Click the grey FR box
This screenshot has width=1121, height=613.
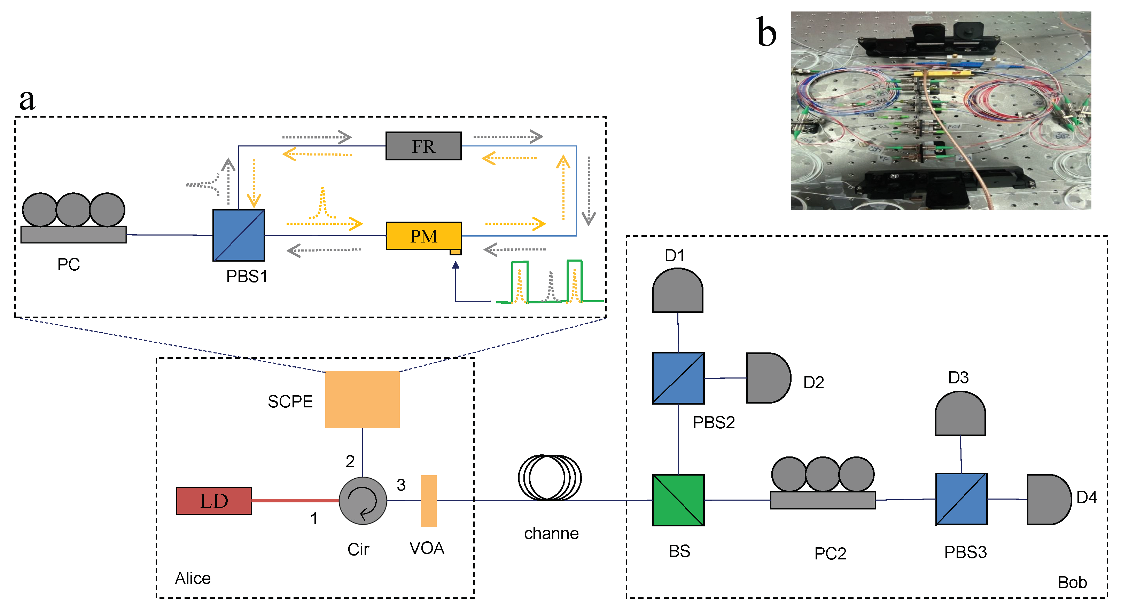423,146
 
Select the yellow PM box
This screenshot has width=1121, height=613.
423,236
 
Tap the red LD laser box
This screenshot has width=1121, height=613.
214,500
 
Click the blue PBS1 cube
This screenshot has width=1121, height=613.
239,235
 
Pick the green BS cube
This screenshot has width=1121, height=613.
678,500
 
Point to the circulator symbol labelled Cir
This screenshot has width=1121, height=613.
363,500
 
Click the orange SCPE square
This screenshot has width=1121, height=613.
362,399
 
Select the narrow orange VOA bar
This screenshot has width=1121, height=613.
428,501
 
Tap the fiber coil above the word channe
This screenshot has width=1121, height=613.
549,477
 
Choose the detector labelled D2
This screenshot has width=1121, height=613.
767,378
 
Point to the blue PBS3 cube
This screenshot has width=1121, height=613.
961,499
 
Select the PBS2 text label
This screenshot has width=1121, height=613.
713,422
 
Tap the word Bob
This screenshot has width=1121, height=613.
1072,582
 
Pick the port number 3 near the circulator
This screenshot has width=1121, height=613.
401,485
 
